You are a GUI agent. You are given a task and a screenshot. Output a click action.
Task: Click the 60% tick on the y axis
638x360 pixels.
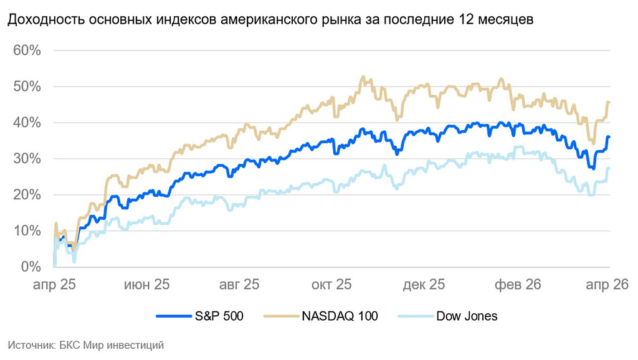27,50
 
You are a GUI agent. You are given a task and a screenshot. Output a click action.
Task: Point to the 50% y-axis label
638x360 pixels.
27,87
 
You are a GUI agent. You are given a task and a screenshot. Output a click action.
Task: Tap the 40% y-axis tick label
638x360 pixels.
27,123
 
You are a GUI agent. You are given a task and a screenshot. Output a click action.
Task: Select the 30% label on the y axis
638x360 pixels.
27,159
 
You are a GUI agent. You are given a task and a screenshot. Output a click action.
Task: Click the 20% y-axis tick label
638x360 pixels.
27,195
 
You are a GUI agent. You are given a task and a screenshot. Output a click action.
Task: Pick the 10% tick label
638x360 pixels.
27,231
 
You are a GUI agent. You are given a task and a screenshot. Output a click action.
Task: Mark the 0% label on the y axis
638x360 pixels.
30,267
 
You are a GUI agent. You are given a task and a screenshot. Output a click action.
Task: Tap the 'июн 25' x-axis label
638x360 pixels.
146,285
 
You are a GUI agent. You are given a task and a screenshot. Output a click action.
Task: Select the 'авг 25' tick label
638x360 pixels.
239,285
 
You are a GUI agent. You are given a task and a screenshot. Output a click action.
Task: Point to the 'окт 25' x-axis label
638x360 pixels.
331,285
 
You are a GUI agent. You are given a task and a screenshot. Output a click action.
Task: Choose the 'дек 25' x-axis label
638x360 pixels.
424,285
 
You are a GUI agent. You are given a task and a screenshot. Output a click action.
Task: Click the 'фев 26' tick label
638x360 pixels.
517,285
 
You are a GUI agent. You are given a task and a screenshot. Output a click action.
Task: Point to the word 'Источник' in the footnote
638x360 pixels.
26,344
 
